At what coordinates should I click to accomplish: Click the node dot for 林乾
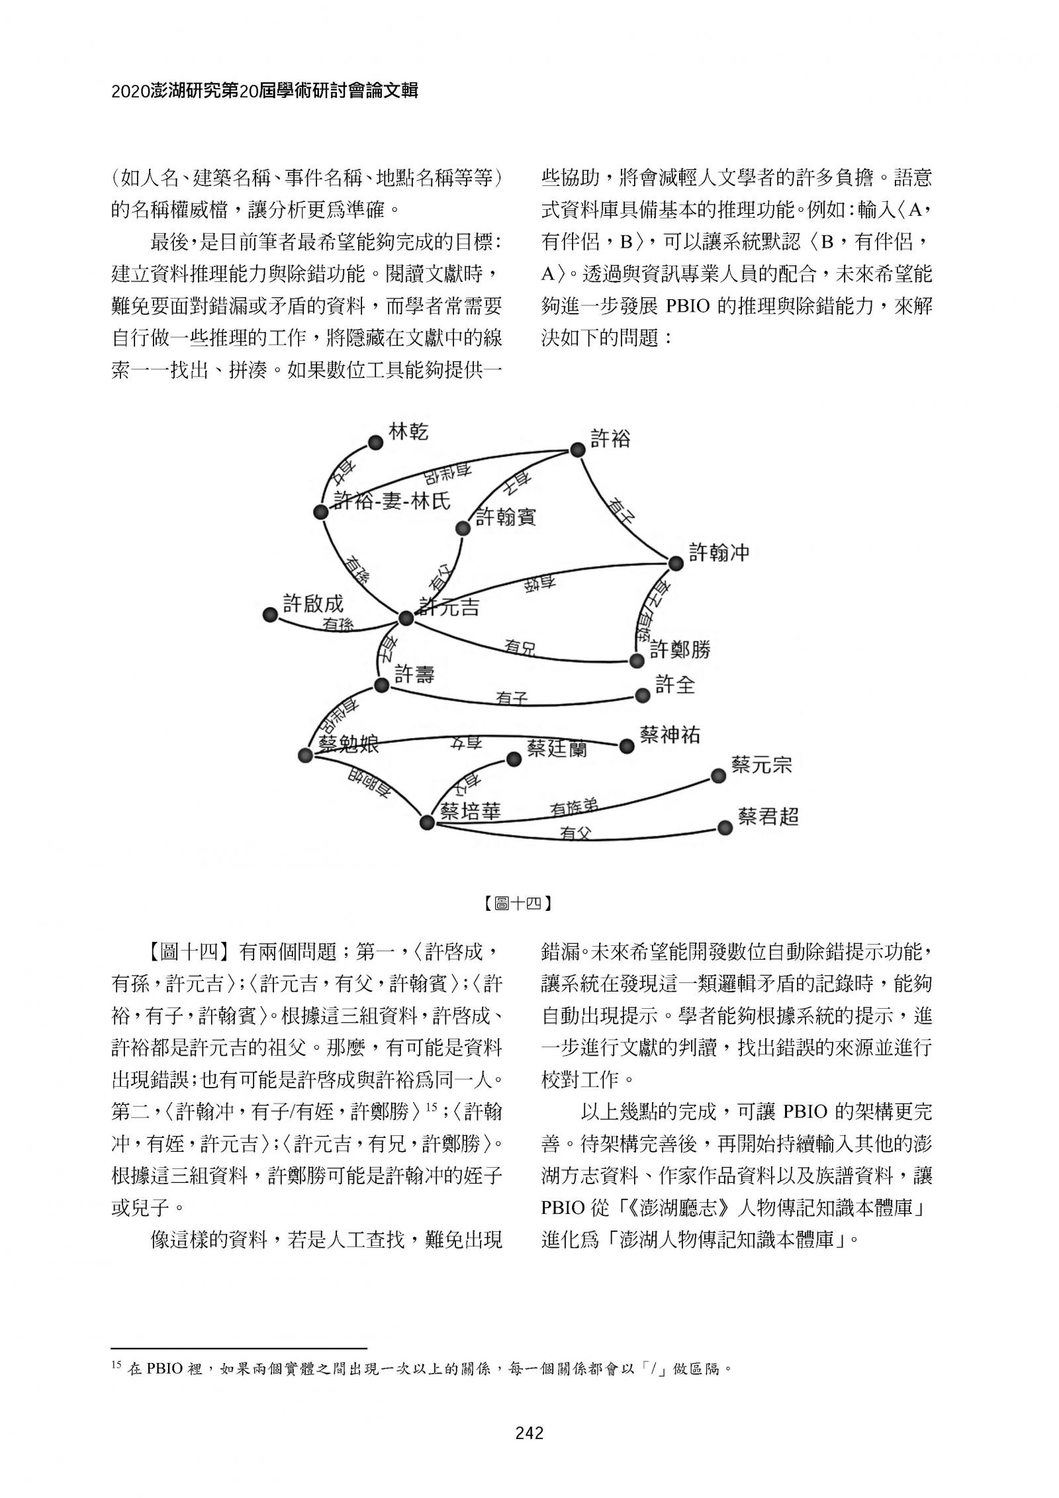tap(375, 443)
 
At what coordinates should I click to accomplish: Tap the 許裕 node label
tap(610, 438)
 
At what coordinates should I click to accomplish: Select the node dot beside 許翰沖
tap(675, 563)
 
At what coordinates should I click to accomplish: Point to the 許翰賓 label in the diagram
tap(506, 517)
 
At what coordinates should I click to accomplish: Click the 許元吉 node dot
tap(406, 618)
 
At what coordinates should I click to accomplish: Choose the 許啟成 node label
tap(313, 603)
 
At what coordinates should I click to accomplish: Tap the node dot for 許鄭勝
tap(636, 661)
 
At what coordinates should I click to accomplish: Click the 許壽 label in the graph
tap(414, 675)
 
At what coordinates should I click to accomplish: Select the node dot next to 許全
tap(642, 695)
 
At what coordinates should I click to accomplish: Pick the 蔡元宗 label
tap(761, 765)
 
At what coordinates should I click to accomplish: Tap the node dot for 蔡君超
tap(725, 828)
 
